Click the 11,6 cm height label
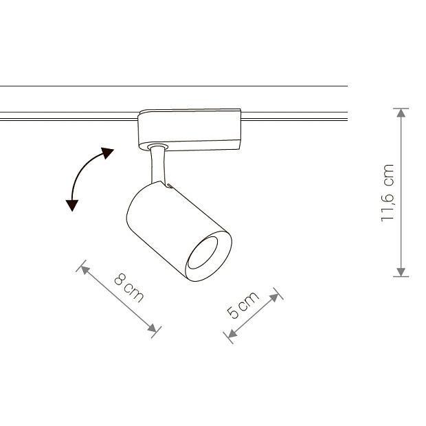387,193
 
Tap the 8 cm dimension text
128,288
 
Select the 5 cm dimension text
243,305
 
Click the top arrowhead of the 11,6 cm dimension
401,113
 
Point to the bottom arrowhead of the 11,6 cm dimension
401,272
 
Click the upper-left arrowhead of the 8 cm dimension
85,270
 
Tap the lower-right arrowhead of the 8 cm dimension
152,328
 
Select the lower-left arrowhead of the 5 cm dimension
232,333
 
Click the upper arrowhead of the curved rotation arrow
107,153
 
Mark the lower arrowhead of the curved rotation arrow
72,205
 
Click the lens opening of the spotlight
203,253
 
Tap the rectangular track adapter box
190,130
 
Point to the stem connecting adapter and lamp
158,166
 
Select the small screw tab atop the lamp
170,186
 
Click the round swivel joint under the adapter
158,147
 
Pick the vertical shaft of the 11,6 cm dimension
401,192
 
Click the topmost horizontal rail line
174,86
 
